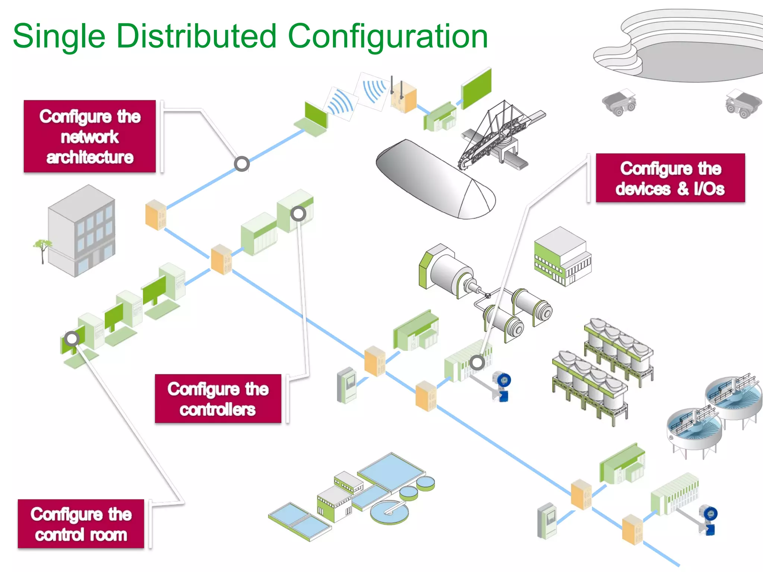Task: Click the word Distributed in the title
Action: [196, 36]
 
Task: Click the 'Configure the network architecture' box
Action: [90, 136]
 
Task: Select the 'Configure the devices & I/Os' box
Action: [670, 178]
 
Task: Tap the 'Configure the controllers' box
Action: [218, 398]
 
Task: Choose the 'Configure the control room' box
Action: [81, 524]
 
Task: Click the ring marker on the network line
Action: [242, 164]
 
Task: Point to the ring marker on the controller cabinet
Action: [298, 213]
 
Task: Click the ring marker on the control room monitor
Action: [72, 339]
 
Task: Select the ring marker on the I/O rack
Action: [477, 362]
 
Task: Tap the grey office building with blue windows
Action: [82, 231]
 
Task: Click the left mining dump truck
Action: [619, 102]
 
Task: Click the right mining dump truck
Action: [742, 103]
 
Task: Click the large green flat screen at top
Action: [477, 88]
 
